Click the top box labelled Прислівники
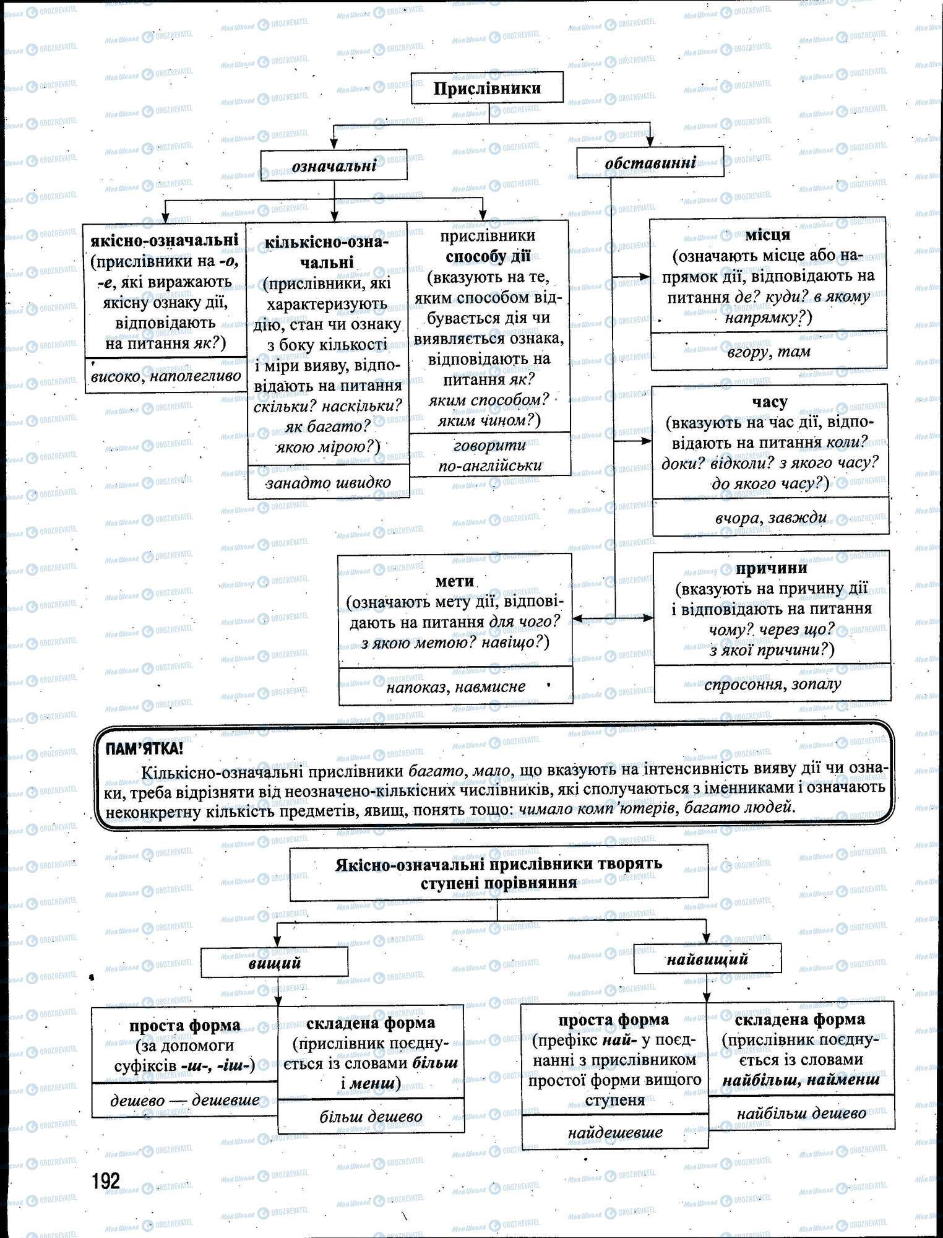[x=487, y=89]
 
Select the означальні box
[x=334, y=165]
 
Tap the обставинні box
[x=650, y=162]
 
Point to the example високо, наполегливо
[x=165, y=376]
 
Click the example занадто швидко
[x=329, y=482]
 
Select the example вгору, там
[x=769, y=352]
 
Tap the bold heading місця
[x=767, y=235]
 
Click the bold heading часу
[x=770, y=402]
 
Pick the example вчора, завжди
[x=770, y=517]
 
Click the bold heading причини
[x=772, y=568]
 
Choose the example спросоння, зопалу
[x=772, y=685]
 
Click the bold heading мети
[x=455, y=581]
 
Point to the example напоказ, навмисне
[x=455, y=686]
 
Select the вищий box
[x=275, y=963]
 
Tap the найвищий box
[x=707, y=959]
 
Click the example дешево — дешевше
[x=184, y=1100]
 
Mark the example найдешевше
[x=614, y=1132]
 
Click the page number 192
[x=106, y=1181]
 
